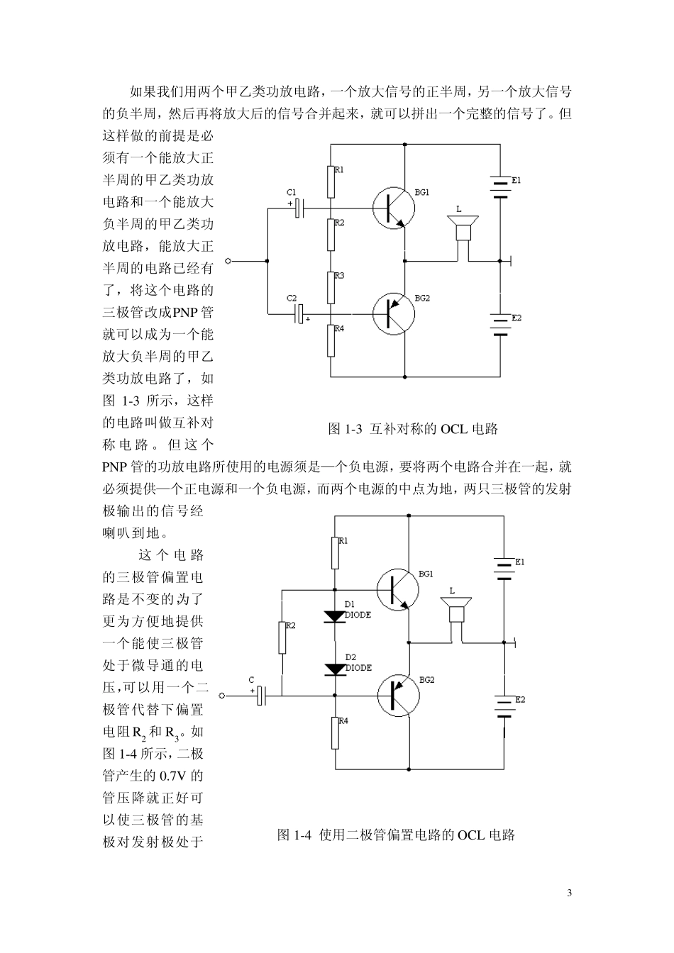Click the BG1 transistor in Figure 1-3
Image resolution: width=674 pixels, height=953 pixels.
click(393, 208)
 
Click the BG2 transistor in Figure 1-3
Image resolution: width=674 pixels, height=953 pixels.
click(393, 313)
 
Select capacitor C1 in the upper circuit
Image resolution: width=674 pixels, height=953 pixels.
click(299, 208)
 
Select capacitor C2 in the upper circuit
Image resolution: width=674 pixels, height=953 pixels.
click(300, 313)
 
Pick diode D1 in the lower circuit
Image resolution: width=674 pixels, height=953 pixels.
click(335, 615)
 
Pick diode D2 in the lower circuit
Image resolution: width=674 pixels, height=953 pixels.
click(335, 669)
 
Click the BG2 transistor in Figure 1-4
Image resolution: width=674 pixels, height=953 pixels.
click(397, 696)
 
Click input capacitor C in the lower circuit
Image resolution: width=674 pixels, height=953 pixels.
click(261, 696)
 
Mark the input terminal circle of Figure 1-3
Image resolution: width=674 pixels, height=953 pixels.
click(228, 261)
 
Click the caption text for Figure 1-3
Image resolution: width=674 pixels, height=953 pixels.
click(413, 429)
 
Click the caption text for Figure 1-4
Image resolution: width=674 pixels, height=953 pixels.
click(396, 835)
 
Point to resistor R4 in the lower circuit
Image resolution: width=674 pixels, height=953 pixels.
click(335, 732)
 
